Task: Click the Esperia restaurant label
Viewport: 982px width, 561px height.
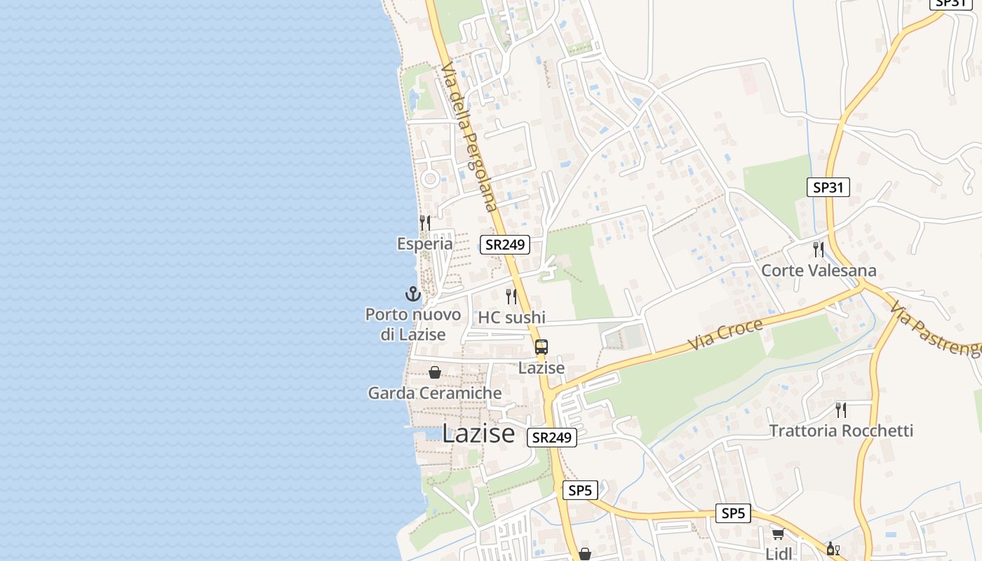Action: pyautogui.click(x=424, y=244)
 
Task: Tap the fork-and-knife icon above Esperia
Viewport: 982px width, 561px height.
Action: pyautogui.click(x=424, y=223)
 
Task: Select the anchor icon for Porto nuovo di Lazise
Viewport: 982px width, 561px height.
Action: pyautogui.click(x=413, y=294)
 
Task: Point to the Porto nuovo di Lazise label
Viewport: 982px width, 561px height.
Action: pyautogui.click(x=413, y=324)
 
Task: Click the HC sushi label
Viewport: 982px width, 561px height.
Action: pyautogui.click(x=511, y=317)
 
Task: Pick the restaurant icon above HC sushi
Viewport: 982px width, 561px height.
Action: pyautogui.click(x=511, y=297)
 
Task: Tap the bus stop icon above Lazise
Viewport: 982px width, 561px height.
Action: pyautogui.click(x=542, y=347)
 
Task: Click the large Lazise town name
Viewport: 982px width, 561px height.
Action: pyautogui.click(x=478, y=434)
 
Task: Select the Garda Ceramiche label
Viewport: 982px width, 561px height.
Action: pyautogui.click(x=435, y=393)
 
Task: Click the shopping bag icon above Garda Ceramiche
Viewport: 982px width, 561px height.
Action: pyautogui.click(x=435, y=372)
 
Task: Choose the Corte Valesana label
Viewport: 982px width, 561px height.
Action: pyautogui.click(x=819, y=270)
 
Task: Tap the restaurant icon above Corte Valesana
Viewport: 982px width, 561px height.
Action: pyautogui.click(x=818, y=249)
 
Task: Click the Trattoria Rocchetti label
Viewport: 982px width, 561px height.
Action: pyautogui.click(x=841, y=430)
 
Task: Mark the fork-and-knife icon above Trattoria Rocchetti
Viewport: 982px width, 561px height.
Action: pyautogui.click(x=840, y=410)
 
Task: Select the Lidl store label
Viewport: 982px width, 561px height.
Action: pyautogui.click(x=779, y=553)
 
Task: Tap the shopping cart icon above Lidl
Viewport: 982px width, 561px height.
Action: pyautogui.click(x=778, y=534)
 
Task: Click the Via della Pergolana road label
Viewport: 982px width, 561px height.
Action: pyautogui.click(x=469, y=136)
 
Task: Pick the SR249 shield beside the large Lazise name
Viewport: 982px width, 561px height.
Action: pyautogui.click(x=552, y=438)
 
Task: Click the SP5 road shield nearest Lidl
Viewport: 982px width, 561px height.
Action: pyautogui.click(x=733, y=513)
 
